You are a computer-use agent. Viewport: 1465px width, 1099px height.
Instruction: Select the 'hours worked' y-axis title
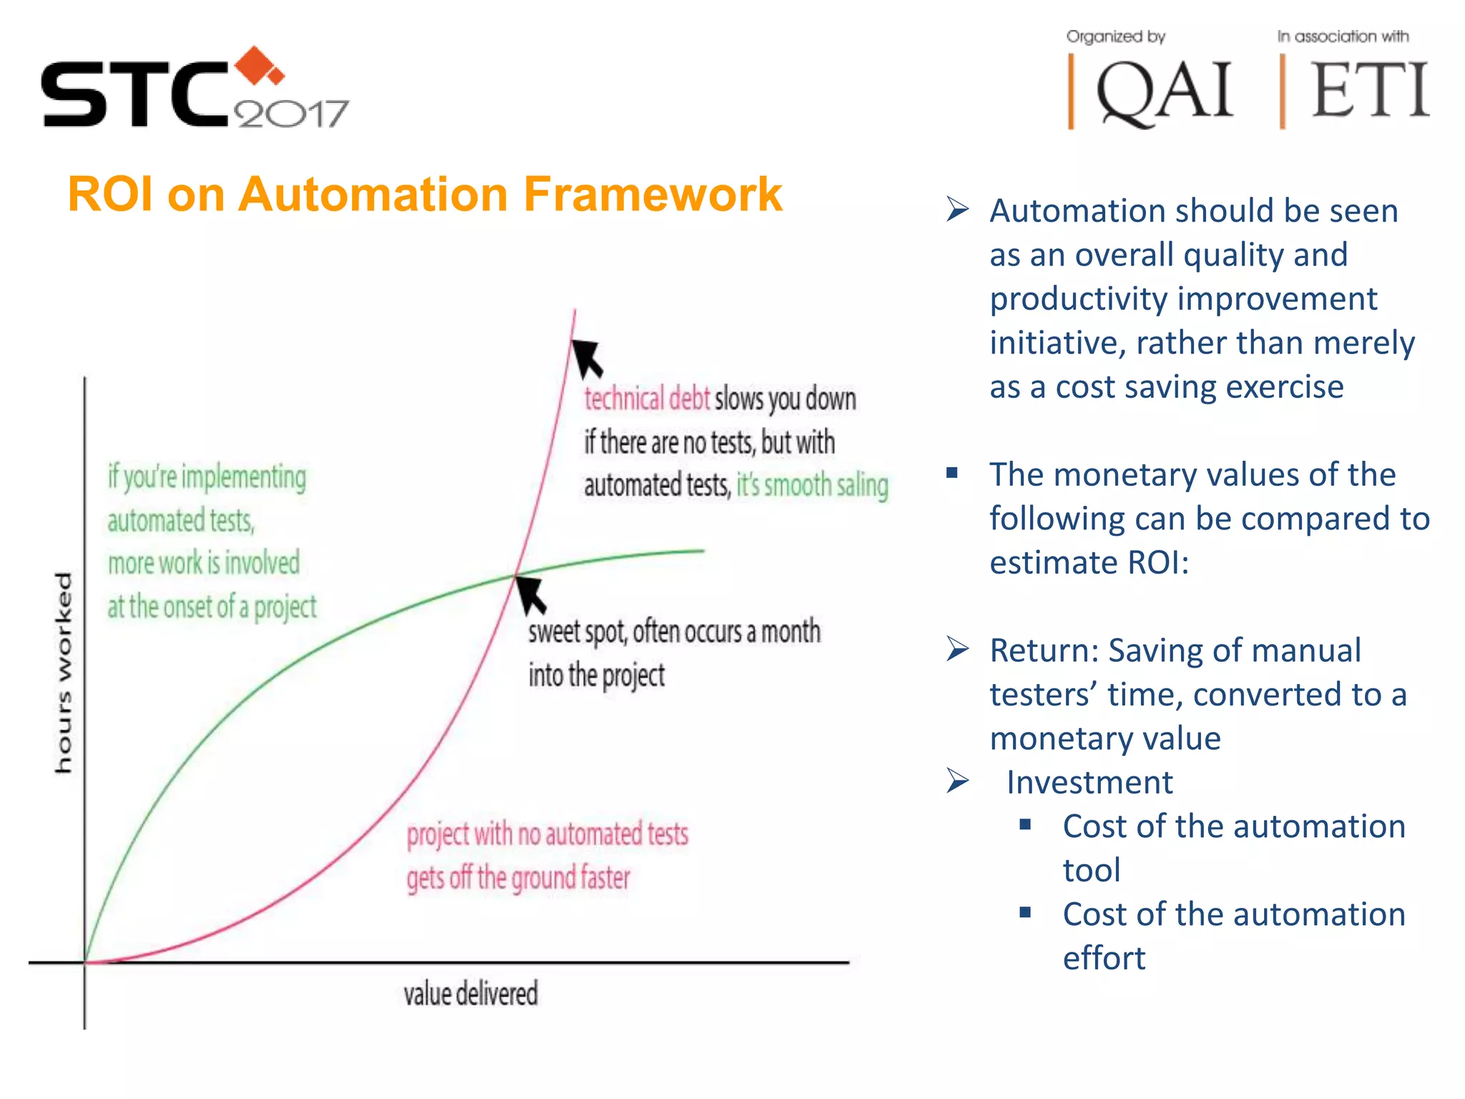[x=64, y=673]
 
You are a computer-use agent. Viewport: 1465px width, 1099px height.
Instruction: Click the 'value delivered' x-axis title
[x=470, y=994]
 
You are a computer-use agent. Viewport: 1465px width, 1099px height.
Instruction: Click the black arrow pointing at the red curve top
[x=587, y=358]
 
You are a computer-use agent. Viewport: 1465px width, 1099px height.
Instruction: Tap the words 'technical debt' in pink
[x=647, y=399]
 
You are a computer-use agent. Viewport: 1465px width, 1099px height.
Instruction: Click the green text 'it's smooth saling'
[x=812, y=486]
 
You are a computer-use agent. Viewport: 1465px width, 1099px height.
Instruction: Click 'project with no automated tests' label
[x=547, y=835]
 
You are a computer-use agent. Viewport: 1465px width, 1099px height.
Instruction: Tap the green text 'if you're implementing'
[x=207, y=477]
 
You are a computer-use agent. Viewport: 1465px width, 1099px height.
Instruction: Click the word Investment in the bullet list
[x=1089, y=782]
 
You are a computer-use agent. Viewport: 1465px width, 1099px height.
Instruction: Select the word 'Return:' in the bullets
[x=1044, y=650]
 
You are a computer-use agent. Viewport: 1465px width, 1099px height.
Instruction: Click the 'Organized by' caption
[x=1115, y=36]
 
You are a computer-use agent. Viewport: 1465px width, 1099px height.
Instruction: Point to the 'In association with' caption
[x=1343, y=36]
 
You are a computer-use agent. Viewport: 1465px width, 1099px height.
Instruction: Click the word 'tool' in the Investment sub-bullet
[x=1091, y=870]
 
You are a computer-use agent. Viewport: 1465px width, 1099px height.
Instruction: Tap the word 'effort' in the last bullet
[x=1104, y=958]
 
